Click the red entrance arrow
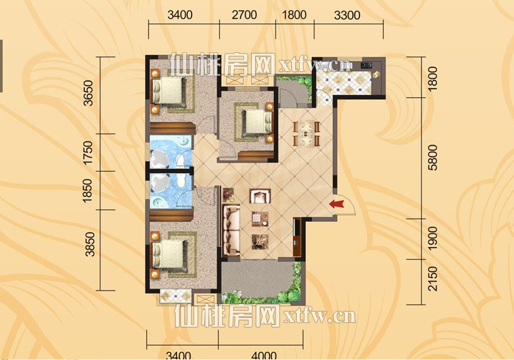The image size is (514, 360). pos(338,205)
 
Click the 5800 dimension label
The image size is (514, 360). pos(433,158)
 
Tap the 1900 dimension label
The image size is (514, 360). pos(433,237)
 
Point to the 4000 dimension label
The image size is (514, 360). pos(263,355)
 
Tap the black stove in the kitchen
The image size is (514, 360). pos(367,65)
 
